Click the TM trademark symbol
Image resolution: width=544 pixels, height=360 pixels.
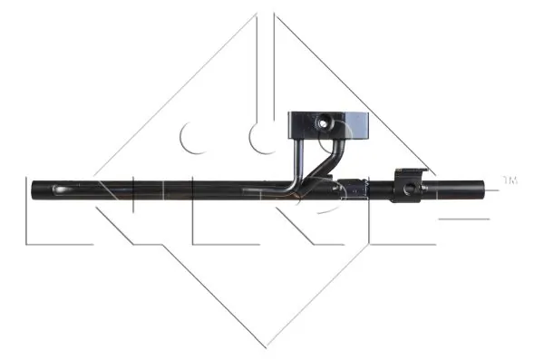click(x=510, y=181)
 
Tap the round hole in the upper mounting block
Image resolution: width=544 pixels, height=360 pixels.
click(x=321, y=122)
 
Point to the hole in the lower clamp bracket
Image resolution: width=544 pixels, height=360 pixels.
click(x=411, y=187)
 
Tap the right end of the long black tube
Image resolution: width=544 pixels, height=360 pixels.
click(x=483, y=190)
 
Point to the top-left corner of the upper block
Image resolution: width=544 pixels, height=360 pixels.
click(x=290, y=112)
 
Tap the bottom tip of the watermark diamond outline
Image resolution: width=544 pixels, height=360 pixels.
click(x=266, y=347)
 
